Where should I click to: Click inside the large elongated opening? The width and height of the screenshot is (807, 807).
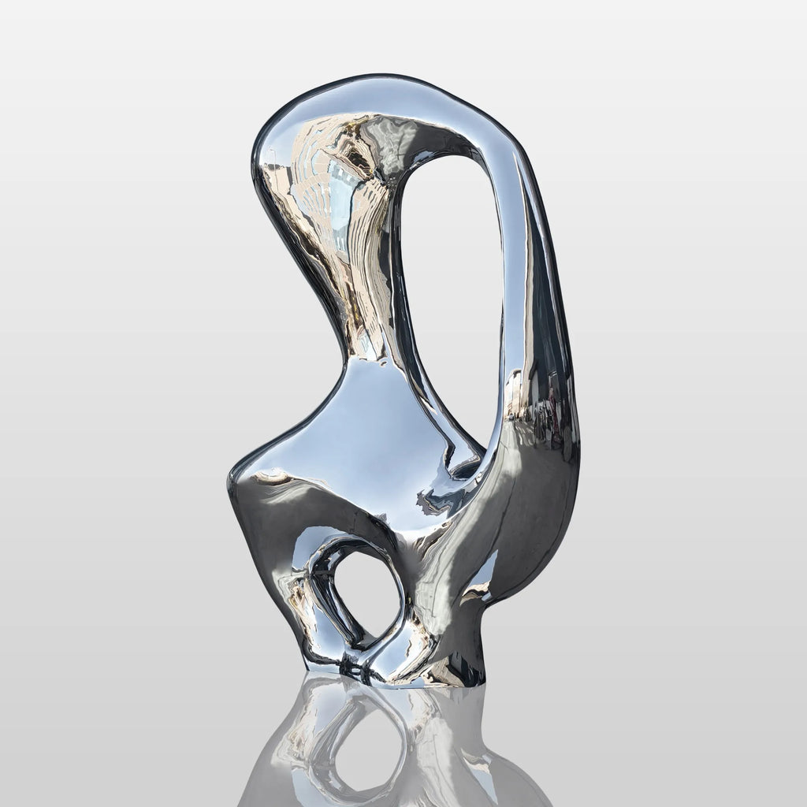[451, 299]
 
